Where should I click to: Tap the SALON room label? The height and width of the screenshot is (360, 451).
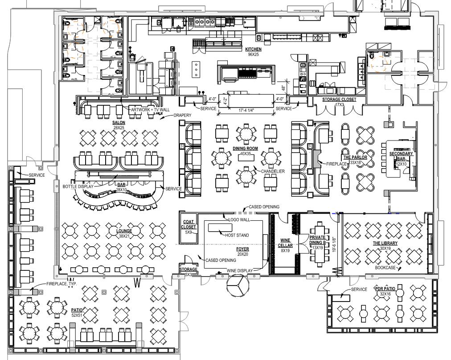coord(119,122)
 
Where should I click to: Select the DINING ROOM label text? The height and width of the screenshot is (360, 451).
coord(245,148)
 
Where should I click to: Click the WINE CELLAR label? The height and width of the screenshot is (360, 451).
coord(285,243)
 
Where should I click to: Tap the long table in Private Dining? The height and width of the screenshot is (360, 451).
coord(320,243)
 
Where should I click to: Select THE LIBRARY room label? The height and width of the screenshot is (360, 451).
coord(385,243)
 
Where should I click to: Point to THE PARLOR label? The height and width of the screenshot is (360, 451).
coord(355,157)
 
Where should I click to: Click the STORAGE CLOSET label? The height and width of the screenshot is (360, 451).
coord(339,99)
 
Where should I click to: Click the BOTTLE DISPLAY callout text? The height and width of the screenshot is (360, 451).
coord(78,186)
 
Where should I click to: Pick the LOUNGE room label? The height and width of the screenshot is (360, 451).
coord(124,231)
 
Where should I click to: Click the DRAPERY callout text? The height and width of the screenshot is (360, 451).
coord(182,116)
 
